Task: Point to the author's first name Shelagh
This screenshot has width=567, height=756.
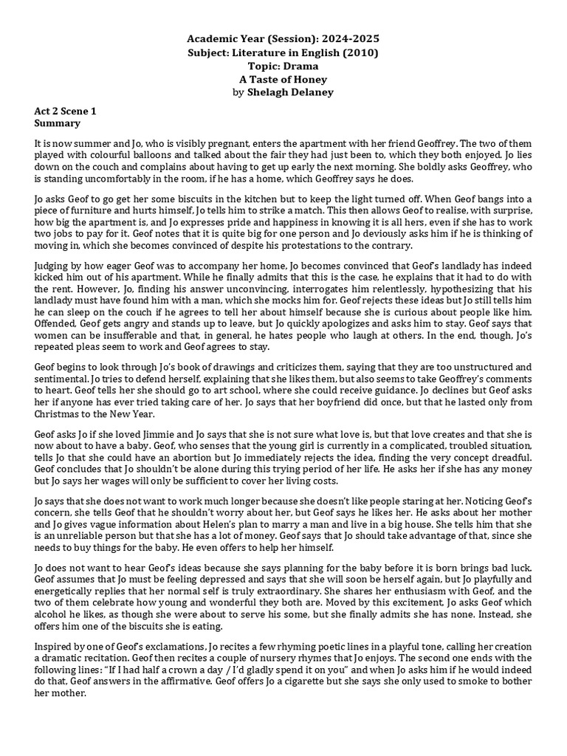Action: [264, 92]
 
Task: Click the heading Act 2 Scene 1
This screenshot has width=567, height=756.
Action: [65, 111]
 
